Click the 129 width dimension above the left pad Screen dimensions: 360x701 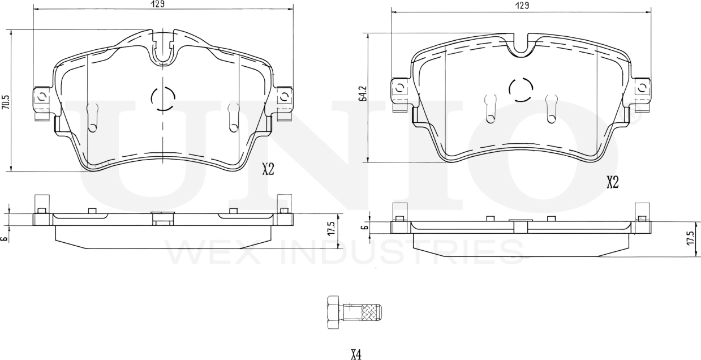pyautogui.click(x=158, y=5)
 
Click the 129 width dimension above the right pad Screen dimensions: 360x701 pyautogui.click(x=521, y=6)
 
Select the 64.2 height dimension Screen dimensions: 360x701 pyautogui.click(x=363, y=93)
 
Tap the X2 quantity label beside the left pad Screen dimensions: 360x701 pyautogui.click(x=268, y=169)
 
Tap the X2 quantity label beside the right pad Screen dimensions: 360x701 pyautogui.click(x=612, y=182)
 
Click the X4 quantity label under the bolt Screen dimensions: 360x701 pyautogui.click(x=355, y=355)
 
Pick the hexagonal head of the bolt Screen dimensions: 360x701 pyautogui.click(x=333, y=312)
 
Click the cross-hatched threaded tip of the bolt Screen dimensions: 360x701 pyautogui.click(x=371, y=312)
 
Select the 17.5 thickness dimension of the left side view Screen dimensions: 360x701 pyautogui.click(x=332, y=231)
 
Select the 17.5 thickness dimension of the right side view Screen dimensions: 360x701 pyautogui.click(x=689, y=238)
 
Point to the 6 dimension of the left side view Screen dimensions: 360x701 pyautogui.click(x=5, y=238)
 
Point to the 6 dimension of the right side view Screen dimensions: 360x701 pyautogui.click(x=364, y=227)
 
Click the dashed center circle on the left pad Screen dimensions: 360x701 pyautogui.click(x=163, y=99)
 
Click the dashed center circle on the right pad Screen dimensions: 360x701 pyautogui.click(x=521, y=89)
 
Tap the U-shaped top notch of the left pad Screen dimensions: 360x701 pyautogui.click(x=163, y=50)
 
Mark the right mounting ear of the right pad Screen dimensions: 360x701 pyautogui.click(x=641, y=89)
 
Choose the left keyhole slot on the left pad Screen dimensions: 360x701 pyautogui.click(x=93, y=118)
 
